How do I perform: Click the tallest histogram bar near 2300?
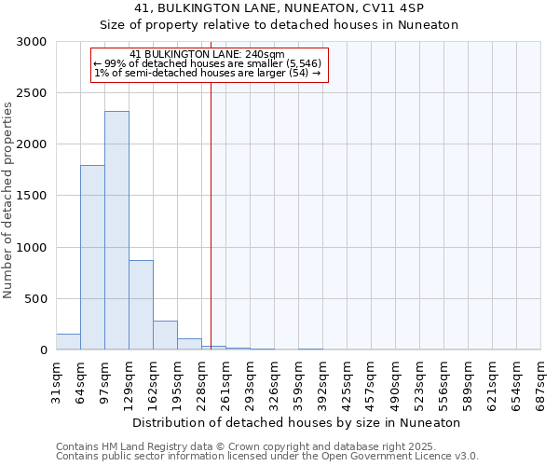(x=116, y=230)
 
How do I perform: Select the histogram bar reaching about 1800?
(x=92, y=257)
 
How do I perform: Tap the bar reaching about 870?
(x=141, y=305)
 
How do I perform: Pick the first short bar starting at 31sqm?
(x=68, y=342)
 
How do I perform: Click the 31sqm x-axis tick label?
(x=56, y=381)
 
